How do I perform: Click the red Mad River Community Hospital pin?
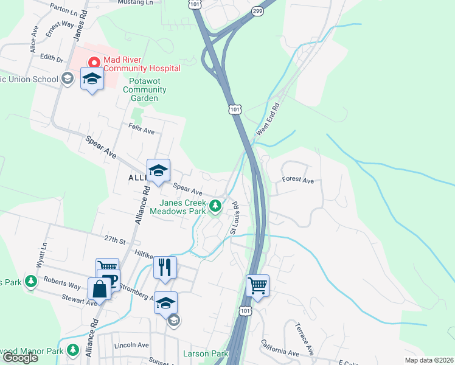coord(94,61)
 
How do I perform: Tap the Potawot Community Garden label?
coord(144,89)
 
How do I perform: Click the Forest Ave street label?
coord(297,181)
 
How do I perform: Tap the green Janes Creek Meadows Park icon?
coord(215,207)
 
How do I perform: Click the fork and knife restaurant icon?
coord(165,266)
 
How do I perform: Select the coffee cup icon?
coord(109,281)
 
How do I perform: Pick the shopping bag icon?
coord(100,288)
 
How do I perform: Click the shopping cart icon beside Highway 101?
coord(258,285)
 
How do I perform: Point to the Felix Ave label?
coord(141,130)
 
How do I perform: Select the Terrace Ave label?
coord(304,341)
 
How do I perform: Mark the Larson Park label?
coord(205,353)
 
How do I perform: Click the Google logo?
coord(19,358)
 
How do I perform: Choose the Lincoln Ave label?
coord(131,345)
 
